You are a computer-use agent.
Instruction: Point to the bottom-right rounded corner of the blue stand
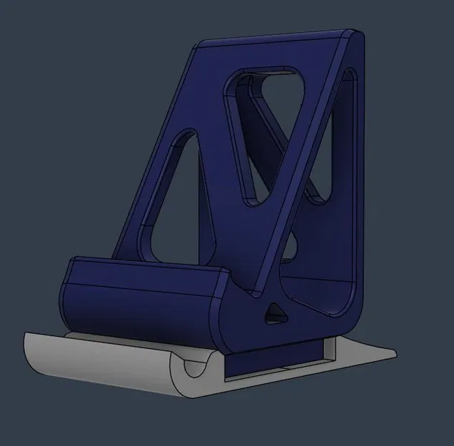pos(353,314)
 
